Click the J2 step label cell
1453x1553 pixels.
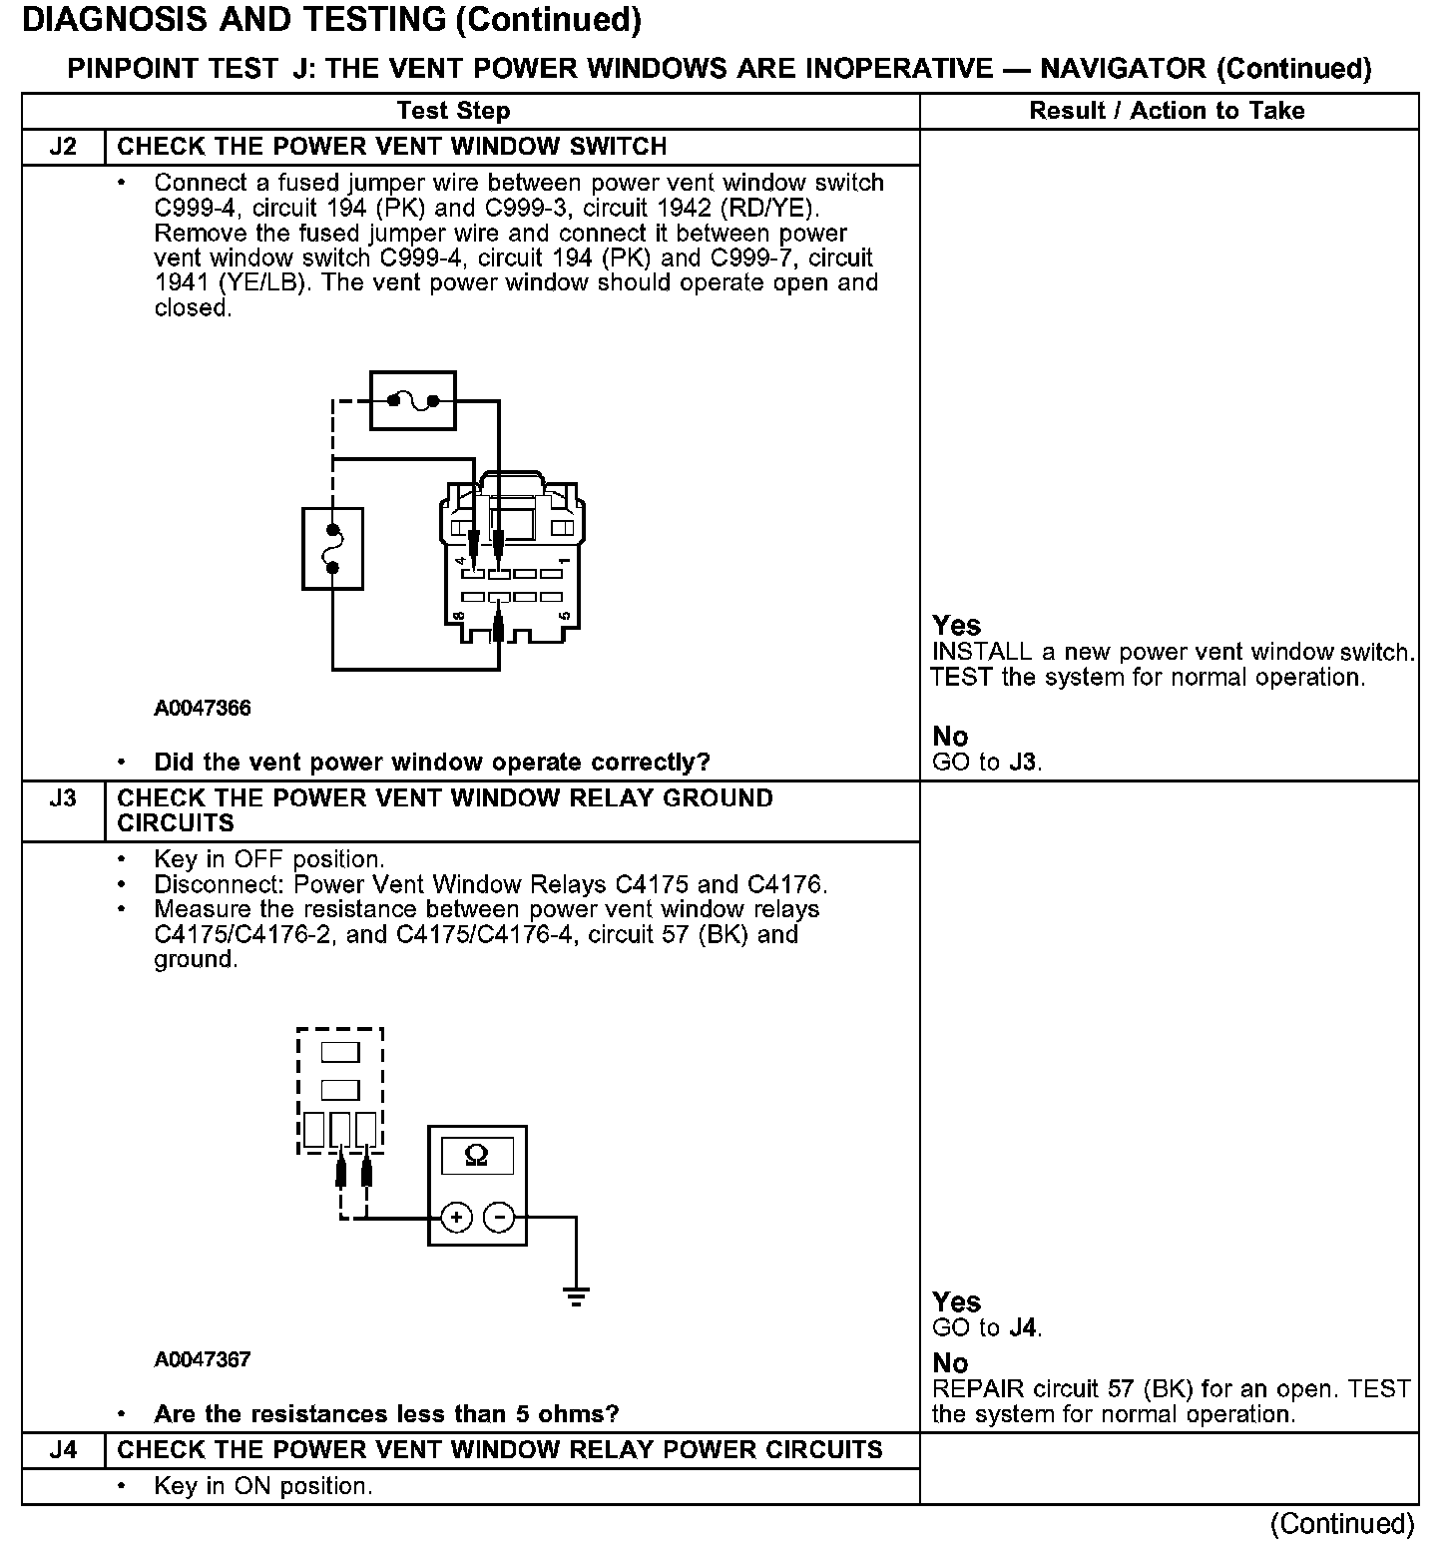pos(63,147)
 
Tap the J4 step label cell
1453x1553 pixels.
pos(63,1450)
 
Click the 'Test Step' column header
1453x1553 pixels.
pos(453,111)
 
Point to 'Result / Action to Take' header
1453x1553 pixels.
pos(1167,111)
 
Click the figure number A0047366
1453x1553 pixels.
pos(203,709)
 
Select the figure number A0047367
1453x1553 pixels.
pos(203,1359)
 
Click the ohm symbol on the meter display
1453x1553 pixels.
pos(477,1156)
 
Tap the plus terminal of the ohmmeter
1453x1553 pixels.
pos(456,1218)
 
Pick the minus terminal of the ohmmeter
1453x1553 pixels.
pos(499,1218)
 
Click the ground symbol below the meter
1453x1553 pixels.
pos(576,1297)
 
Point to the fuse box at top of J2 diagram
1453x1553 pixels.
pos(413,401)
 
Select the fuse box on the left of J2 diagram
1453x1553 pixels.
pos(332,549)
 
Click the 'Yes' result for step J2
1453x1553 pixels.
pos(956,626)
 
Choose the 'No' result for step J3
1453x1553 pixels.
pos(950,1363)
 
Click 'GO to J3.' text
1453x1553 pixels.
pos(986,764)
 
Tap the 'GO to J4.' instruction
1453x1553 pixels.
pos(986,1328)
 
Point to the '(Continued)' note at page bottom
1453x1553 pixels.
pos(1341,1524)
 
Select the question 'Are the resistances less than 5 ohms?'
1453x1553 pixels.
pos(386,1414)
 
